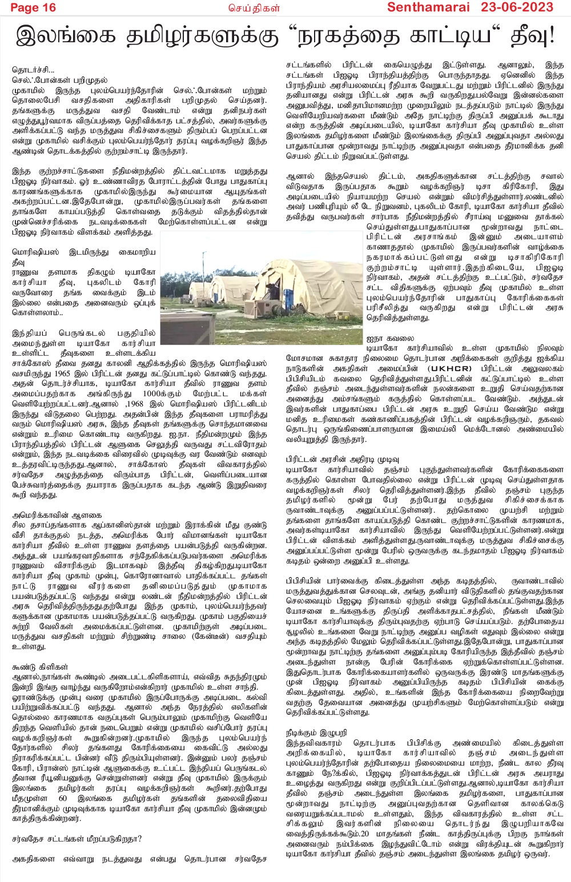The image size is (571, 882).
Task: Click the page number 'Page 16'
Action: pyautogui.click(x=33, y=7)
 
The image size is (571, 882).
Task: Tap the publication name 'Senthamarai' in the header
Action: pyautogui.click(x=428, y=7)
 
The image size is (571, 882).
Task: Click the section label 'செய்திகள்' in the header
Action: pyautogui.click(x=263, y=8)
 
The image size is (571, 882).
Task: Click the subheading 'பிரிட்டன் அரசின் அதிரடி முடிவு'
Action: pyautogui.click(x=343, y=459)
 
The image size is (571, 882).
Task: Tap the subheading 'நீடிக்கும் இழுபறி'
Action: pyautogui.click(x=316, y=732)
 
